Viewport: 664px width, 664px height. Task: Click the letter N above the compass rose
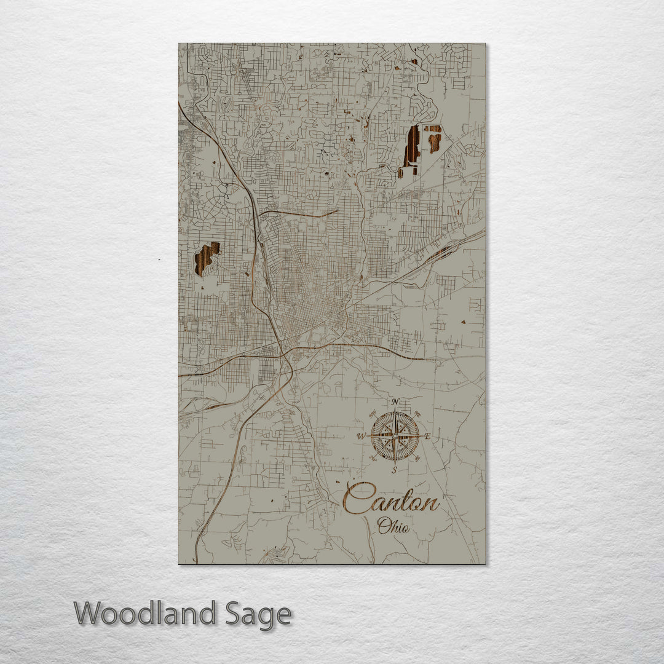point(395,403)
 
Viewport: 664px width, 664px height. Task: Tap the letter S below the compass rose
point(395,470)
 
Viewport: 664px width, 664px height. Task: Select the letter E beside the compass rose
point(428,438)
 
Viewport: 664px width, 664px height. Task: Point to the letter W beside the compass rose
point(362,437)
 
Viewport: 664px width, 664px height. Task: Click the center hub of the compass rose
point(395,436)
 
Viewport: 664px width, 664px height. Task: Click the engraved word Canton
point(391,499)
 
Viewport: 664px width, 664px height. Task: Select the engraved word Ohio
point(393,526)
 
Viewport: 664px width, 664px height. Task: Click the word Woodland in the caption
point(145,614)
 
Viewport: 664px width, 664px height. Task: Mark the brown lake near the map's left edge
point(207,258)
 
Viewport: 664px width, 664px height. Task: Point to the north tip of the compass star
point(395,413)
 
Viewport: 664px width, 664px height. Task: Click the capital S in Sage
point(232,614)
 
